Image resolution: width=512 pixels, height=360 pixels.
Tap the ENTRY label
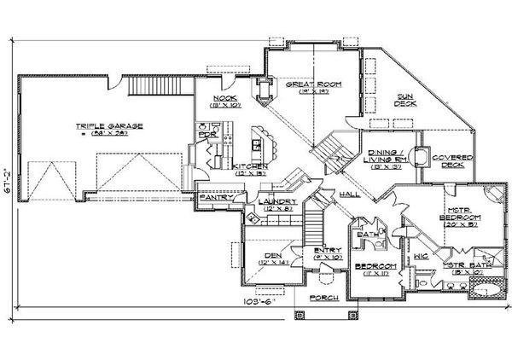click(327, 250)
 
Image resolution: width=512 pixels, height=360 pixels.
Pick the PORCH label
click(323, 298)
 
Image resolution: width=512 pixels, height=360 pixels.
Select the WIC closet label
click(420, 255)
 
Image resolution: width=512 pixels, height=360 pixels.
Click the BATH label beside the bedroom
click(368, 234)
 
